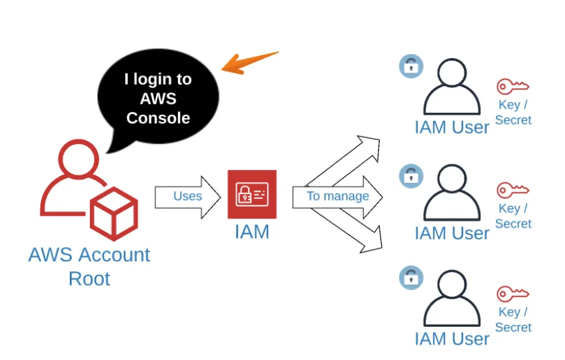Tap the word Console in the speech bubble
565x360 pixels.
coord(158,118)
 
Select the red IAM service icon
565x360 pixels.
coord(252,194)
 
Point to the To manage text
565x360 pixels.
coord(337,196)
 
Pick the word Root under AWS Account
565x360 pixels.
coord(89,278)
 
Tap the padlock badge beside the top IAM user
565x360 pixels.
coord(411,66)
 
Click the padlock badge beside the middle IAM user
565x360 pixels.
coord(411,175)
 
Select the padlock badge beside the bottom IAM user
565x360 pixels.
coord(411,277)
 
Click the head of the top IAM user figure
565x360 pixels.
coord(453,74)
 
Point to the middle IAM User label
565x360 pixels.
coord(451,233)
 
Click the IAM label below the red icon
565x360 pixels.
coord(252,232)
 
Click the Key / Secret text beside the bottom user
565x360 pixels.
coord(513,320)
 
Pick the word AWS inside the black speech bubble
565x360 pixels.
coord(158,99)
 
